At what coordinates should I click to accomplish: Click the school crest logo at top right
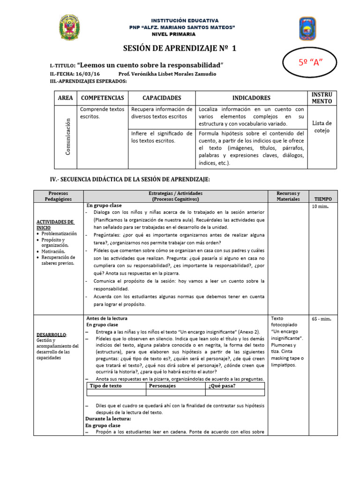tap(307, 29)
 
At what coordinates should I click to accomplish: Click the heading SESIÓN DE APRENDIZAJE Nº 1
tap(180, 49)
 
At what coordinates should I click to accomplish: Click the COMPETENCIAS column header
tap(103, 98)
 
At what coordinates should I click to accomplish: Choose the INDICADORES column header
tap(251, 98)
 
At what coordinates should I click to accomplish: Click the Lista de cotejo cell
tap(322, 127)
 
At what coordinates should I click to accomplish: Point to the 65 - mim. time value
tap(322, 319)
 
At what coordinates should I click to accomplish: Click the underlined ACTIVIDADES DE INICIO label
tap(55, 224)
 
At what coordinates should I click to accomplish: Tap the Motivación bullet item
tap(55, 251)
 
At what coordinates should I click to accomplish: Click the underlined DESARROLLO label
tap(52, 334)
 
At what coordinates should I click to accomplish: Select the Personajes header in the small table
tap(162, 386)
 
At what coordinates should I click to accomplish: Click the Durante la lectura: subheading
tap(108, 419)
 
